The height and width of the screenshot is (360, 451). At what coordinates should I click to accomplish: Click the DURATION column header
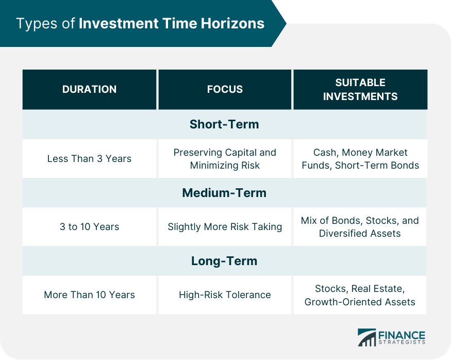click(x=90, y=89)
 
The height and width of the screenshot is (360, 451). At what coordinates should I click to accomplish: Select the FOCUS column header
click(x=225, y=89)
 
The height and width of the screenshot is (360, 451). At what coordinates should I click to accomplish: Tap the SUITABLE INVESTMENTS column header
click(x=360, y=89)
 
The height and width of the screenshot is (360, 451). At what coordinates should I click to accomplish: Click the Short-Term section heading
click(x=224, y=124)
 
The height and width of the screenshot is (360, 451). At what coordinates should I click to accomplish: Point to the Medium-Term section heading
click(x=224, y=193)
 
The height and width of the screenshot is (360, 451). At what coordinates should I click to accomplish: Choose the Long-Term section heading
click(x=224, y=261)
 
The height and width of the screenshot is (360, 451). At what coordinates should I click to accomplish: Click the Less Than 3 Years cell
click(x=90, y=158)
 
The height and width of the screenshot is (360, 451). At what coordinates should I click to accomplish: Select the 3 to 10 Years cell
click(x=90, y=227)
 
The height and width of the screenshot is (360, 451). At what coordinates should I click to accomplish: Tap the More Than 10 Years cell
click(x=90, y=295)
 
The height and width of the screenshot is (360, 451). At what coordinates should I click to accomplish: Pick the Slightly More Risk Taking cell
click(x=225, y=227)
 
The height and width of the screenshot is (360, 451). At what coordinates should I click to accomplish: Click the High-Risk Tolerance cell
click(x=225, y=295)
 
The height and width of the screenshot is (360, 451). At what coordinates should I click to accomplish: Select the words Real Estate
click(x=378, y=289)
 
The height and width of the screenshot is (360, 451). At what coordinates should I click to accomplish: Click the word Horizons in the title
click(x=232, y=23)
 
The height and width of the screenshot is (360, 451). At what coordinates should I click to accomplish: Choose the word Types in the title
click(x=37, y=24)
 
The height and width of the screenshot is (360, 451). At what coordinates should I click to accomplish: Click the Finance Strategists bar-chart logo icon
click(x=366, y=337)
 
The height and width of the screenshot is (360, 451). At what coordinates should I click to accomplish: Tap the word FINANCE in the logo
click(x=402, y=335)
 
